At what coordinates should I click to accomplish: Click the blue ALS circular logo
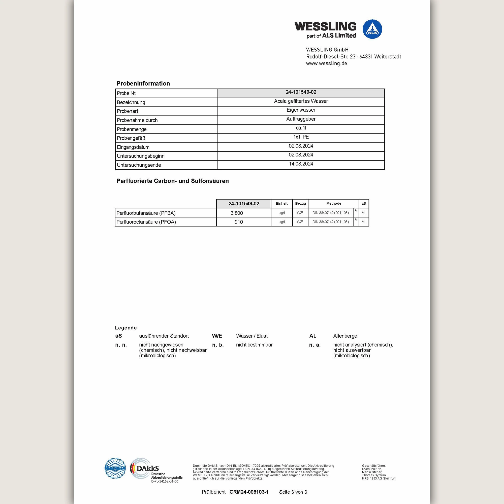click(x=372, y=29)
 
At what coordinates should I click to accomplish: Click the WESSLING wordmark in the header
click(x=325, y=27)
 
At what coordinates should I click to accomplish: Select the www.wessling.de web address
click(x=326, y=64)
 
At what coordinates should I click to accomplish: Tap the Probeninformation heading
click(x=143, y=83)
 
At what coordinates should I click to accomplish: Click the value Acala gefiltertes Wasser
click(x=301, y=101)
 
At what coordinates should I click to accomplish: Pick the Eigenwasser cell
click(x=301, y=110)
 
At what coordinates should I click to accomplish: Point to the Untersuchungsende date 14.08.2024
click(x=301, y=164)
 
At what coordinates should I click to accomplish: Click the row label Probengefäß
click(x=131, y=138)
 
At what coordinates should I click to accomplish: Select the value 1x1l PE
click(x=301, y=137)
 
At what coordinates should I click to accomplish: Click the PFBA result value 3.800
click(x=237, y=213)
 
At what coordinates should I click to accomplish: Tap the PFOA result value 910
click(x=238, y=222)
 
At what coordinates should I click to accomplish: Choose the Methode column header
click(x=333, y=203)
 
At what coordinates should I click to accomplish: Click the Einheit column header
click(x=281, y=203)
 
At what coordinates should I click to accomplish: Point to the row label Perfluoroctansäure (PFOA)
click(x=146, y=222)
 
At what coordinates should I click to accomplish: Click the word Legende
click(x=126, y=328)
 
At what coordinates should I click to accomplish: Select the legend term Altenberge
click(x=345, y=336)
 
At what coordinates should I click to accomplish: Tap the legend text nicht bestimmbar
click(x=254, y=345)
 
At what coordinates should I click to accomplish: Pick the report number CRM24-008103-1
click(x=249, y=492)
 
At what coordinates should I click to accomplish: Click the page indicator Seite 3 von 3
click(x=293, y=492)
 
